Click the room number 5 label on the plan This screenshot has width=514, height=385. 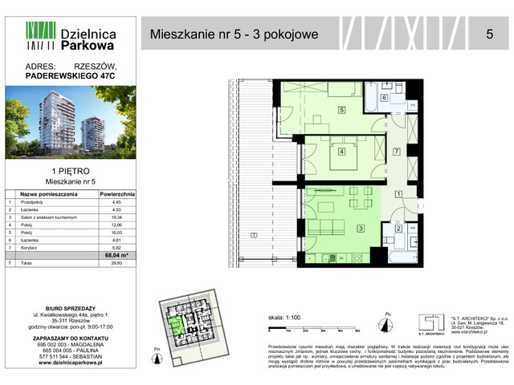click(x=341, y=110)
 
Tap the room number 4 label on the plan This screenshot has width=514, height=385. click(x=341, y=151)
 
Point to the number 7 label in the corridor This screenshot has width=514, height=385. click(x=396, y=152)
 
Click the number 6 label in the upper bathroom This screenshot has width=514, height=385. click(x=384, y=98)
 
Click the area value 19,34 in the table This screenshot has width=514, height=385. click(x=117, y=217)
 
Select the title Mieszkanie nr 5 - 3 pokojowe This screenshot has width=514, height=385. click(x=235, y=34)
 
